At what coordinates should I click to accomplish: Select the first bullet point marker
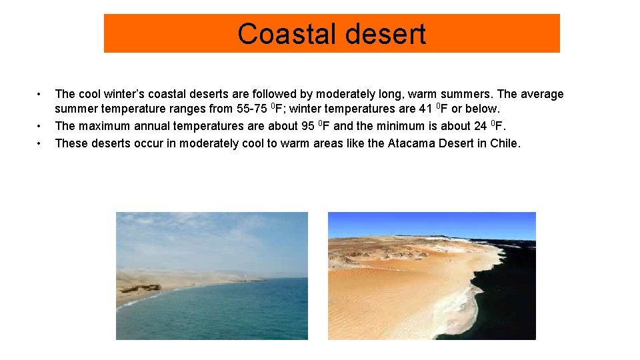40,94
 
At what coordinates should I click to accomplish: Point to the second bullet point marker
40,125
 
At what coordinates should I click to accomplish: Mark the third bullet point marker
40,143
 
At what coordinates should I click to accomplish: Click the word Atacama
412,143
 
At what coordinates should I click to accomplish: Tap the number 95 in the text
309,125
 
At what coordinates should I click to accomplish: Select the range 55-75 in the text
251,108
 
